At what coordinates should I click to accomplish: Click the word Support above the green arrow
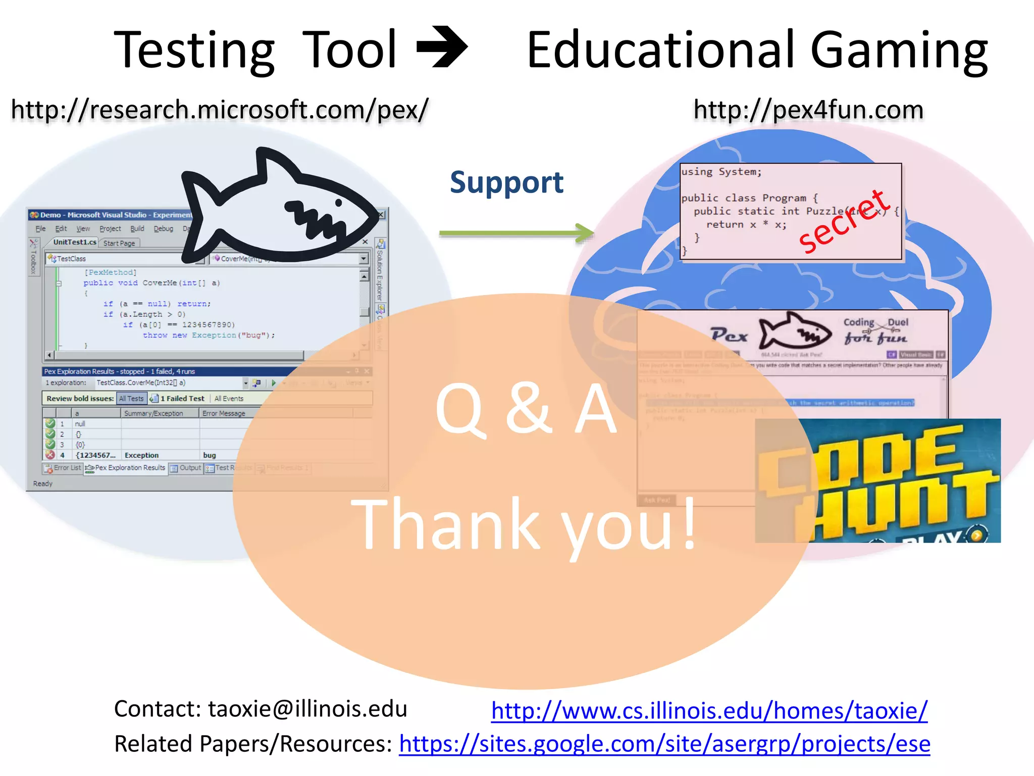coord(506,182)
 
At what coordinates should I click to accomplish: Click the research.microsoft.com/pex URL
coord(220,110)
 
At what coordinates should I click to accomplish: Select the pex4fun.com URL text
coord(808,110)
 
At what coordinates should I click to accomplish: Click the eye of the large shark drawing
coord(338,203)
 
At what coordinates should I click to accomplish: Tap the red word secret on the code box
coord(843,222)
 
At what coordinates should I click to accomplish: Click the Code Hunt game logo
coord(877,480)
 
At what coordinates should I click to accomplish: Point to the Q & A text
coord(526,408)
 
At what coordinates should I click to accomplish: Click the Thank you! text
coord(523,524)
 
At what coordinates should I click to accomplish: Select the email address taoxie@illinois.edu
coord(307,709)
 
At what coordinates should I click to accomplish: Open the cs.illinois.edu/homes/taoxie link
coord(709,711)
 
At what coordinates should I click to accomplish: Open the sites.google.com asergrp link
coord(664,744)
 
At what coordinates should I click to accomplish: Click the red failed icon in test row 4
coord(50,455)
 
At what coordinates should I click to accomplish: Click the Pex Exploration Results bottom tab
coord(126,468)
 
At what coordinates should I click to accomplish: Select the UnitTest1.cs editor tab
coord(74,243)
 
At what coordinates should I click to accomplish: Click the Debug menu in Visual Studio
coord(163,229)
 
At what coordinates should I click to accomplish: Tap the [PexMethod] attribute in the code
coord(111,272)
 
